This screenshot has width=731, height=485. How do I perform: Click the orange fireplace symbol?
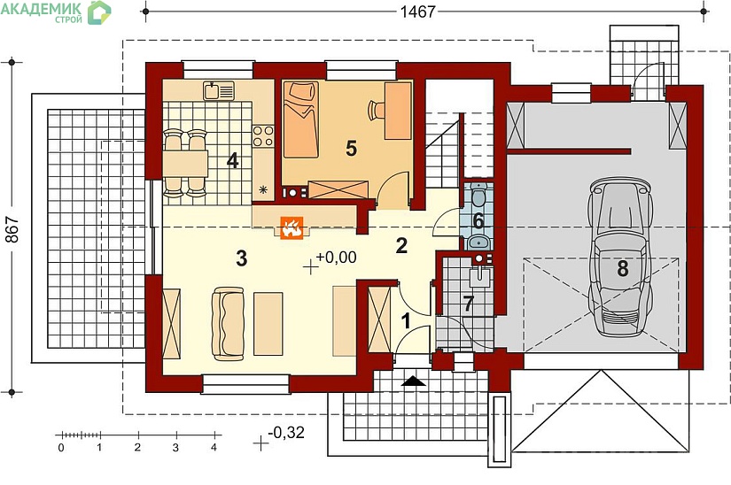[292, 228]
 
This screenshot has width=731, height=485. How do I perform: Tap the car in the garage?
[620, 257]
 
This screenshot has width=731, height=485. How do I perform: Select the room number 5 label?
[351, 149]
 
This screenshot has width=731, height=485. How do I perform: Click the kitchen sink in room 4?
[218, 91]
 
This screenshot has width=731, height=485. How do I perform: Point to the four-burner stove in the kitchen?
[263, 136]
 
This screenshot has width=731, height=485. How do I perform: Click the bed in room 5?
[300, 119]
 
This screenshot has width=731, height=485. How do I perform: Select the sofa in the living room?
[228, 324]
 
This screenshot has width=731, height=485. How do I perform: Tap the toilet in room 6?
[478, 196]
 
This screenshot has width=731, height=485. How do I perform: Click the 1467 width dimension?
[417, 12]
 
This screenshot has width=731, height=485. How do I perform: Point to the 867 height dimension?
[12, 229]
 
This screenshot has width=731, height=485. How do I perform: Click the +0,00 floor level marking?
[336, 257]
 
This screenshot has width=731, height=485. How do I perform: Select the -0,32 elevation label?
[286, 433]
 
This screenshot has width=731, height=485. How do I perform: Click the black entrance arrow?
[414, 381]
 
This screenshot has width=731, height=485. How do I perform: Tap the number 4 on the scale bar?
[214, 448]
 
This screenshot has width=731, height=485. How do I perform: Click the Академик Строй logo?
[56, 12]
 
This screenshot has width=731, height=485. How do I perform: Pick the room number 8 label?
[623, 268]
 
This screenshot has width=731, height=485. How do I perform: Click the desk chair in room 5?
[377, 110]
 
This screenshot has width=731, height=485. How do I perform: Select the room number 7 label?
[468, 304]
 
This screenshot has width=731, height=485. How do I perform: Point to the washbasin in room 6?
[478, 242]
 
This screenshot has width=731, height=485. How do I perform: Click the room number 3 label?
[242, 258]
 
